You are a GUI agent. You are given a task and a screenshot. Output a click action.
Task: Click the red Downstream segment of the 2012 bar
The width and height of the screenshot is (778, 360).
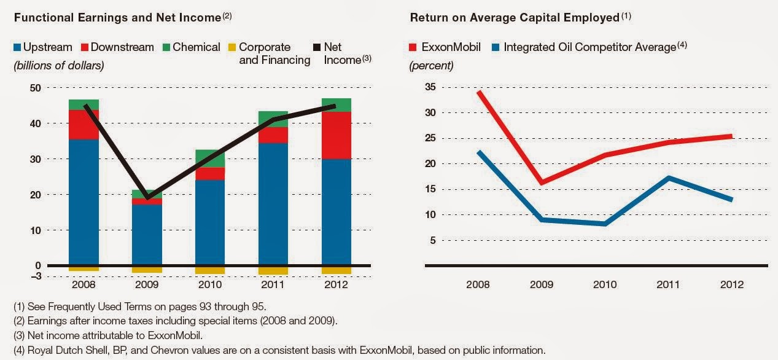[x=336, y=135]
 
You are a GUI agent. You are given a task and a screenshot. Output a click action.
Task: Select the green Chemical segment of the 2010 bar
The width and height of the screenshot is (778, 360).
[x=210, y=158]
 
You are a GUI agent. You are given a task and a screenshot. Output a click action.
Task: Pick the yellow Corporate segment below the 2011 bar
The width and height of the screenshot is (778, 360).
[x=273, y=271]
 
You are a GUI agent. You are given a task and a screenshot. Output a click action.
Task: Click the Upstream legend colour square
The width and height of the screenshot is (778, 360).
[x=17, y=47]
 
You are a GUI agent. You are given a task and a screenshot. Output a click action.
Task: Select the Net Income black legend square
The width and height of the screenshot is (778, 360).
[x=317, y=47]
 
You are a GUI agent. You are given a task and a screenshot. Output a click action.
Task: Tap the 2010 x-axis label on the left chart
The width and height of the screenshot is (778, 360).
[x=210, y=285]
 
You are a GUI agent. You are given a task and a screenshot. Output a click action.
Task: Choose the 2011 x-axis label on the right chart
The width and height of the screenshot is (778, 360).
[x=668, y=285]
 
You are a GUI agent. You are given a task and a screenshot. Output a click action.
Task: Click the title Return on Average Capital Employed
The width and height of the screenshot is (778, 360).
[x=515, y=18]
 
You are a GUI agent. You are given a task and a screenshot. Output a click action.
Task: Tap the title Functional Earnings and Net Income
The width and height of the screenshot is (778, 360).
[x=117, y=18]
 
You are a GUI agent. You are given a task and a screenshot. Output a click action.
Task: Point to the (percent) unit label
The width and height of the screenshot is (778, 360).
[x=432, y=65]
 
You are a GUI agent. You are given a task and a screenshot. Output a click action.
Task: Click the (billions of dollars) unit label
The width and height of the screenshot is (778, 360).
[x=58, y=65]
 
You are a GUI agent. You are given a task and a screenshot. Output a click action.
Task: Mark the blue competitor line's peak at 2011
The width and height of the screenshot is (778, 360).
[x=668, y=178]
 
